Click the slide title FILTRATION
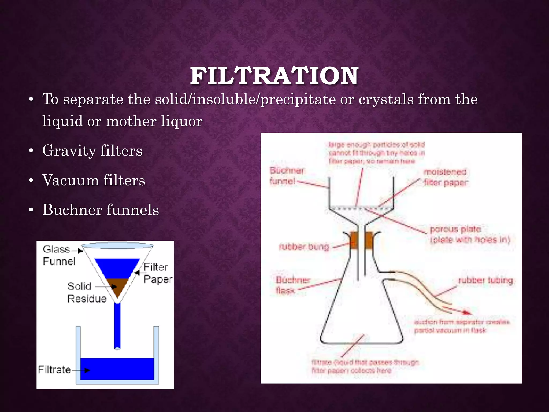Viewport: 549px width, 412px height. coord(274,76)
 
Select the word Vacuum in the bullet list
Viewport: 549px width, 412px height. coord(70,180)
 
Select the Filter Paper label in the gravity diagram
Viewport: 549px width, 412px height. coord(158,273)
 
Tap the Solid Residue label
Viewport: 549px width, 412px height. coord(86,292)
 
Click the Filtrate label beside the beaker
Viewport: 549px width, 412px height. coord(54,370)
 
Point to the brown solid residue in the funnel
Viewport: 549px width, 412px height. coord(117,287)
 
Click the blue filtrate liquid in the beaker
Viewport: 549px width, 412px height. coord(117,369)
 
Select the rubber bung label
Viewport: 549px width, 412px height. coord(304,247)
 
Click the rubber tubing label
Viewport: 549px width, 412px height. coord(485,281)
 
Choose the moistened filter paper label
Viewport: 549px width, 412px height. coord(446,177)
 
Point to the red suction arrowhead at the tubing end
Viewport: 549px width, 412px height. coord(468,312)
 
